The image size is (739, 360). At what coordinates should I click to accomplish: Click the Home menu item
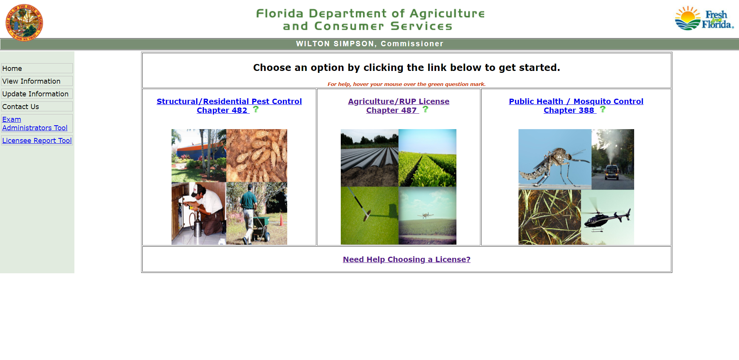[12, 69]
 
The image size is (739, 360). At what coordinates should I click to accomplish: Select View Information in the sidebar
[31, 81]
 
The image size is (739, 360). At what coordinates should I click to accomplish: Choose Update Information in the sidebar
[35, 94]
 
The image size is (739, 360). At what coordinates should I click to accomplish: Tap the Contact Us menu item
[20, 107]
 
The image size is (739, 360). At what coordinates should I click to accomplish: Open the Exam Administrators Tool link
[35, 124]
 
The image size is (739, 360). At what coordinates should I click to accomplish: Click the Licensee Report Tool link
[37, 141]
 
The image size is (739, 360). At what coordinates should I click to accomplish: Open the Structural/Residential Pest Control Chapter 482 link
[229, 101]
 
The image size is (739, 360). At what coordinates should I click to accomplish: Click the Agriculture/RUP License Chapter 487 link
[399, 101]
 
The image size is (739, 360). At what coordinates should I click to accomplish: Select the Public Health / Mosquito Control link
[576, 101]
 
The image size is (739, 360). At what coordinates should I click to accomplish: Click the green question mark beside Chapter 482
[256, 109]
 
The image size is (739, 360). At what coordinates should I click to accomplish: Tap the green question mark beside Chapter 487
[425, 109]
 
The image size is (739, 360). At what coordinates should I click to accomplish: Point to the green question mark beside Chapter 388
[603, 109]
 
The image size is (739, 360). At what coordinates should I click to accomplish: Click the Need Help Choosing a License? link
[407, 259]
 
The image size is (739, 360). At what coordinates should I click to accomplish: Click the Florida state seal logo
[24, 22]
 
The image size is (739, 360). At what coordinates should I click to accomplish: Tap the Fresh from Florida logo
[704, 19]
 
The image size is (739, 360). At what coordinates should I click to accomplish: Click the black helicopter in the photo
[605, 219]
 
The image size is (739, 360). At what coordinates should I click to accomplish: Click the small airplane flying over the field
[425, 215]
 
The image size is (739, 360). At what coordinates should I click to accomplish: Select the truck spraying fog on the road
[612, 172]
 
